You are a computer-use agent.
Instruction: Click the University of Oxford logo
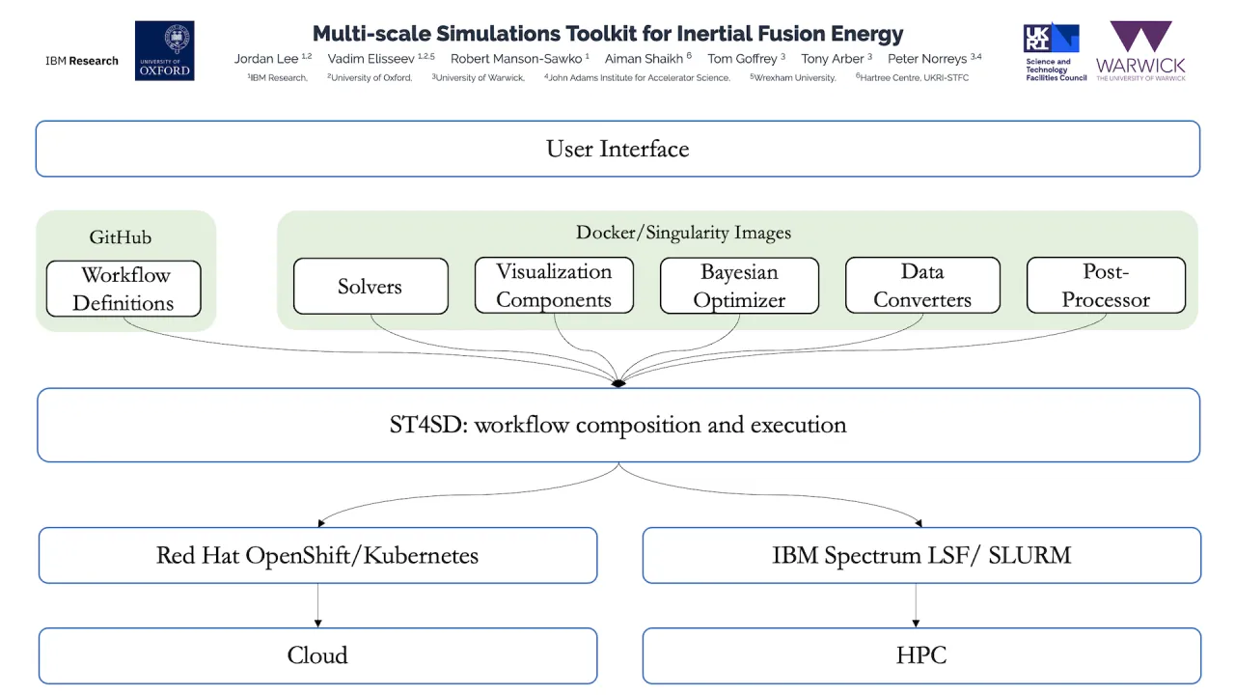(x=164, y=50)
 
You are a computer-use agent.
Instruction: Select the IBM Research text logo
(x=82, y=61)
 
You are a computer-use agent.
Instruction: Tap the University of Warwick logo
(x=1140, y=51)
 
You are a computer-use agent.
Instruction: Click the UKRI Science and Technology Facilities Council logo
(x=1055, y=52)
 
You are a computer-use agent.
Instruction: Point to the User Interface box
(x=617, y=149)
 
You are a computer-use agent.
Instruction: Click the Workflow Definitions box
(x=123, y=289)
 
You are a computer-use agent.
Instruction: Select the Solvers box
(x=370, y=287)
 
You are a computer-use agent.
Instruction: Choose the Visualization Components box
(x=554, y=286)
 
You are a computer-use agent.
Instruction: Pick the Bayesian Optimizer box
(x=739, y=286)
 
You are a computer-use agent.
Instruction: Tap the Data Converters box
(x=922, y=286)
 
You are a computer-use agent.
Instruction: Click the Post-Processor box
(x=1106, y=286)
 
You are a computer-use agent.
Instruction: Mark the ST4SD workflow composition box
(x=617, y=425)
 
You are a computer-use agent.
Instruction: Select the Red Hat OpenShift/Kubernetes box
(x=317, y=555)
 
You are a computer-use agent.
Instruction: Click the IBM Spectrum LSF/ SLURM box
(x=921, y=555)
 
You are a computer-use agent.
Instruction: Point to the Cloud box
(x=317, y=655)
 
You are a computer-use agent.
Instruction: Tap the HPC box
(x=921, y=655)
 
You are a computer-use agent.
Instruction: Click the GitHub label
(x=121, y=236)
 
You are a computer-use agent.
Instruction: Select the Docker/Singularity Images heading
(x=683, y=233)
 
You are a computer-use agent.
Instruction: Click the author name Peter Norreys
(x=927, y=59)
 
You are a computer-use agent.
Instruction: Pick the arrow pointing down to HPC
(x=916, y=606)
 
